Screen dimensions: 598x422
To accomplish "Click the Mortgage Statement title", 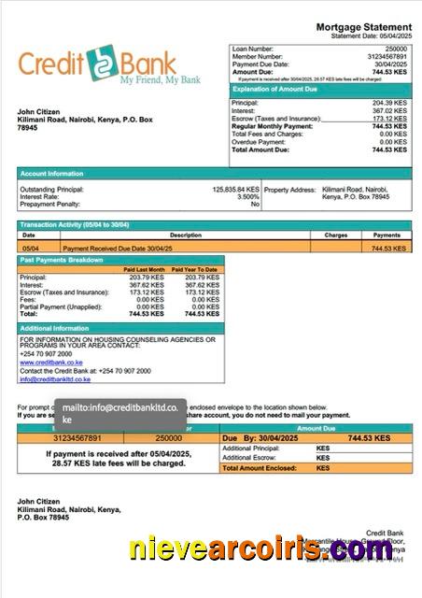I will click(x=363, y=27).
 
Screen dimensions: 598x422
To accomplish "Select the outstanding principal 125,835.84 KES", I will click(x=235, y=189).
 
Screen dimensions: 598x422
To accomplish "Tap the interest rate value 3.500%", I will click(x=247, y=196).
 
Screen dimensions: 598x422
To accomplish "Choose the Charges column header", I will click(x=335, y=235).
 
